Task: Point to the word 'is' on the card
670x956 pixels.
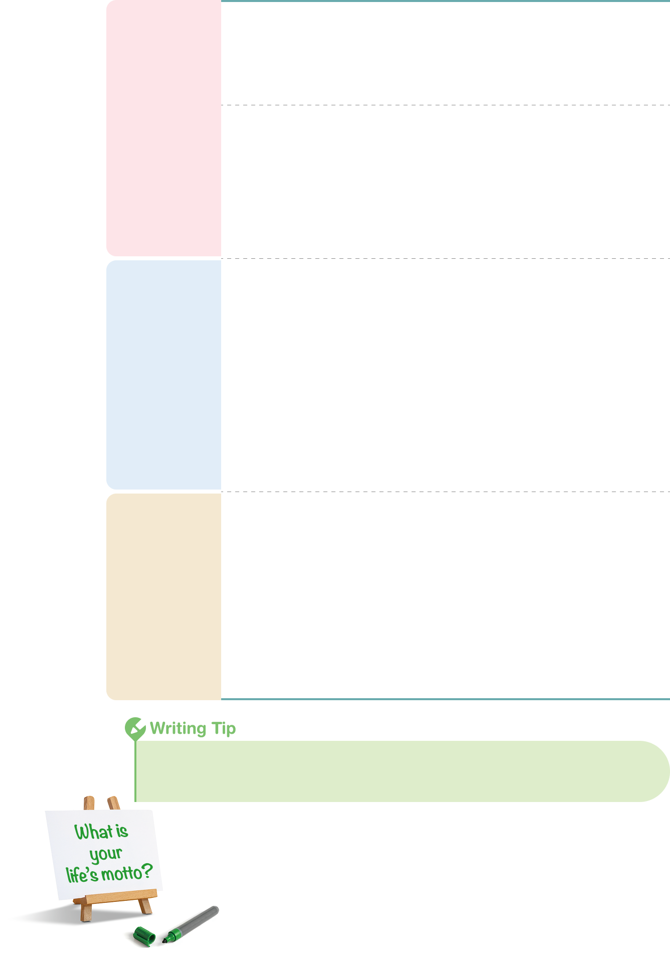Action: [x=122, y=831]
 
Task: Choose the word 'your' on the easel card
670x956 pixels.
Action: [x=106, y=854]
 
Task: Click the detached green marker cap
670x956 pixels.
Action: [x=144, y=936]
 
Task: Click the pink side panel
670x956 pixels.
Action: [x=164, y=128]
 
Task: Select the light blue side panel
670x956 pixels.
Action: [x=164, y=375]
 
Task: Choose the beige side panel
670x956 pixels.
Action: [x=164, y=596]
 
